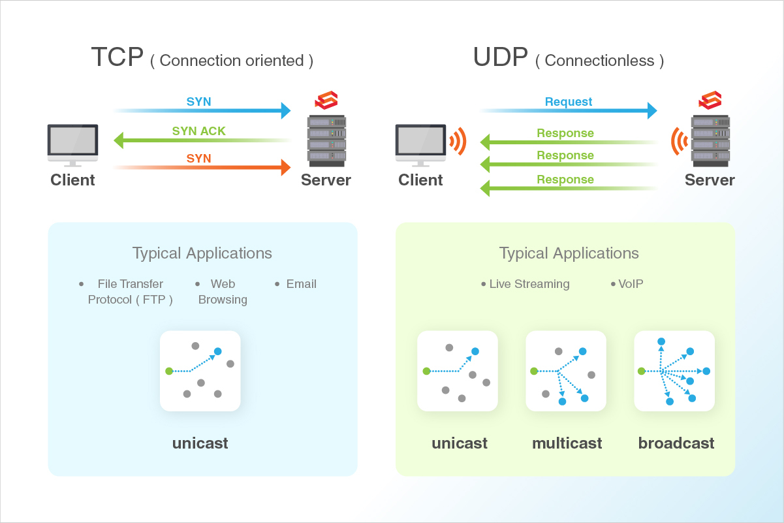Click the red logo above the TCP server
tap(326, 101)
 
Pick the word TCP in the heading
tap(117, 57)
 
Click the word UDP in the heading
tap(500, 57)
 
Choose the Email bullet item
tap(301, 284)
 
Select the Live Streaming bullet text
tap(529, 284)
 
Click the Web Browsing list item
tap(223, 292)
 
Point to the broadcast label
tap(676, 443)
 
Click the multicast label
tap(567, 443)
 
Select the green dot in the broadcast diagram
tap(642, 371)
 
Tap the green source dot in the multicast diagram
tap(533, 371)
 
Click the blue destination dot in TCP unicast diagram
tap(217, 351)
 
